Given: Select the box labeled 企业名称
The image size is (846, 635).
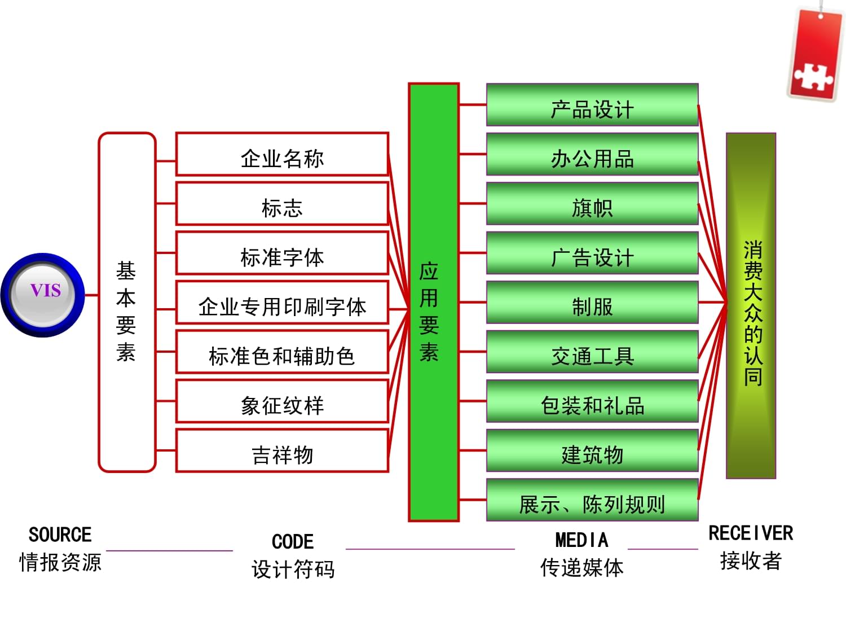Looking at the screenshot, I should click(282, 155).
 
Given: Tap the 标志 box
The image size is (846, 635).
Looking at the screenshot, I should click(282, 204).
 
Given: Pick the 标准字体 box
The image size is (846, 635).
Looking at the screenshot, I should click(282, 253).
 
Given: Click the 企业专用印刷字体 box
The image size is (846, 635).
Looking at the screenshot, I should click(282, 303).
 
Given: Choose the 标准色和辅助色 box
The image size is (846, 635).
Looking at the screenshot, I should click(282, 352).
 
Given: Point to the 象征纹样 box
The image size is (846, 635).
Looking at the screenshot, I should click(282, 401).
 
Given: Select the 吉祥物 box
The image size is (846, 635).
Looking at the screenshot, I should click(282, 451).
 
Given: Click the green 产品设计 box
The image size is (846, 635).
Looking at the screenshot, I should click(592, 105).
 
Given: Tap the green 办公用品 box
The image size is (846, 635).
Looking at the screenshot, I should click(592, 154).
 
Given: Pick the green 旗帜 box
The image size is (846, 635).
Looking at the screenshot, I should click(592, 204).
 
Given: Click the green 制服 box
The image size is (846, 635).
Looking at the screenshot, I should click(592, 303).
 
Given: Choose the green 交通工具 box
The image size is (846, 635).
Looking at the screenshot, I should click(592, 352).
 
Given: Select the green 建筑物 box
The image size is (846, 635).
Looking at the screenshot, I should click(592, 450).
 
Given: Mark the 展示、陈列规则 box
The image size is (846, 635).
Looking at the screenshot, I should click(592, 500).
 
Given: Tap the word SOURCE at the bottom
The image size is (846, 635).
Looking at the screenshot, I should click(60, 535).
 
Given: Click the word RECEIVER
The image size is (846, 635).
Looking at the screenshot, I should click(751, 533).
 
